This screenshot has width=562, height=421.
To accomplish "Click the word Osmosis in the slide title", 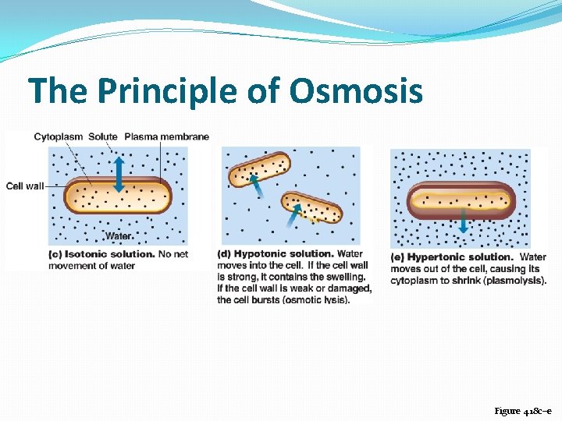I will [356, 90].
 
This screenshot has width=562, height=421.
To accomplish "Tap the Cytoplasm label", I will [59, 136].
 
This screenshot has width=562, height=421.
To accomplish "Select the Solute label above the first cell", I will [103, 136].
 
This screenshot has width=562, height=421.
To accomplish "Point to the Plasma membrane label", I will [166, 136].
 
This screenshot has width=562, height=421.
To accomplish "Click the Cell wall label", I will [25, 186].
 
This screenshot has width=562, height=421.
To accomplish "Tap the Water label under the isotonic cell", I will [119, 235].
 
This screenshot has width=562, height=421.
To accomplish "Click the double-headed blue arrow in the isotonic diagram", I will [118, 174].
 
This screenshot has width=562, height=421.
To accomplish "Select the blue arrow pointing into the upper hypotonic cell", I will [254, 187].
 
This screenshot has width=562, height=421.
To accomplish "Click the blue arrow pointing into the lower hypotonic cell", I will [293, 216].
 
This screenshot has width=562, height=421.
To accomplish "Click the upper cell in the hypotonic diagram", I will [259, 168].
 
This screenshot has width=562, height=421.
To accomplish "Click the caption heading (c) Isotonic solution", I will [101, 254].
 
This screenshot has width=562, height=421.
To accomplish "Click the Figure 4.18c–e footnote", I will [522, 410].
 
